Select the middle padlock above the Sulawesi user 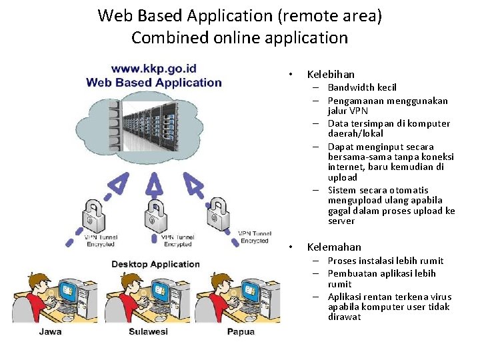(x=155, y=213)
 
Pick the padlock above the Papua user (x=220, y=212)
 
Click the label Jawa (x=50, y=331)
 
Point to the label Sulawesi (x=148, y=331)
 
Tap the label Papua (x=240, y=331)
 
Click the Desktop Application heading (x=155, y=264)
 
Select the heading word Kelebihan (x=331, y=75)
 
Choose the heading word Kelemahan (x=334, y=247)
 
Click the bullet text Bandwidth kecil (x=362, y=88)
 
